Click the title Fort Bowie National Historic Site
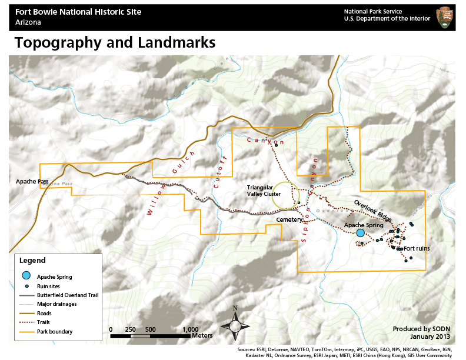[78, 12]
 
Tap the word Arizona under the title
[28, 22]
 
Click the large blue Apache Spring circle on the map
[360, 233]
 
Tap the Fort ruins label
[417, 249]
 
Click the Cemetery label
[289, 219]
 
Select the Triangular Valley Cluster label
[264, 191]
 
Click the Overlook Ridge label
[372, 211]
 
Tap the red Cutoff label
[219, 173]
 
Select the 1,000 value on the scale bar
[190, 329]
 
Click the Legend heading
[32, 260]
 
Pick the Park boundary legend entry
[55, 332]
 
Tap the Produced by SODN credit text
[421, 329]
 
